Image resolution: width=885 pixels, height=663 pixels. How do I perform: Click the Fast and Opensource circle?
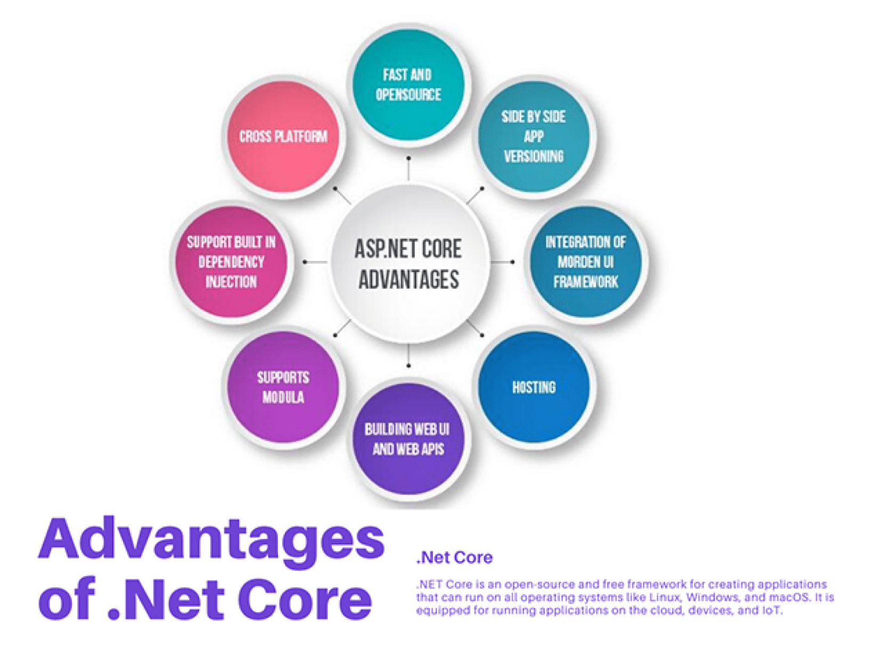click(x=408, y=85)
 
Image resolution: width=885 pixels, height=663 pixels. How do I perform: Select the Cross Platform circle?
click(x=283, y=136)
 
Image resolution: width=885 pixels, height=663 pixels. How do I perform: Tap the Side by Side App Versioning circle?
click(x=534, y=136)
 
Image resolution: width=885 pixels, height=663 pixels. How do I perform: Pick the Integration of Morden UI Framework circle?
click(x=585, y=261)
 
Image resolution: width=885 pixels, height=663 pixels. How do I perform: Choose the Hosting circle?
click(x=534, y=387)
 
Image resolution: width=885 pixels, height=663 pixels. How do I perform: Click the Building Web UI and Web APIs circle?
click(x=408, y=439)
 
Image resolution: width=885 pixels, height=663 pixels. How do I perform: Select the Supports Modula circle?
click(x=283, y=387)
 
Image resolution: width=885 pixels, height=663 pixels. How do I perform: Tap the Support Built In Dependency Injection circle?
click(x=232, y=261)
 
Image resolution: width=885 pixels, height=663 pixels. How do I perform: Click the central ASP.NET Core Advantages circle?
click(x=408, y=264)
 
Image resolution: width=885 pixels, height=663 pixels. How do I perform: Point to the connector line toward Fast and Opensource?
click(x=408, y=169)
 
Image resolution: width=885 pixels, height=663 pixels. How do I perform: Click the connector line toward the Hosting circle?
click(x=475, y=328)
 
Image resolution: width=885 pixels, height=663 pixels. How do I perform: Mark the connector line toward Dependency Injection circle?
click(x=315, y=262)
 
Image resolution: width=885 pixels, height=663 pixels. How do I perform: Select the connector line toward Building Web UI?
click(x=408, y=355)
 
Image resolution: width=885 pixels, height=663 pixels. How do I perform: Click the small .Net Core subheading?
click(x=454, y=558)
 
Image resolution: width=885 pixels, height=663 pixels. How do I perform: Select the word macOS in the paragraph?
click(x=786, y=597)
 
